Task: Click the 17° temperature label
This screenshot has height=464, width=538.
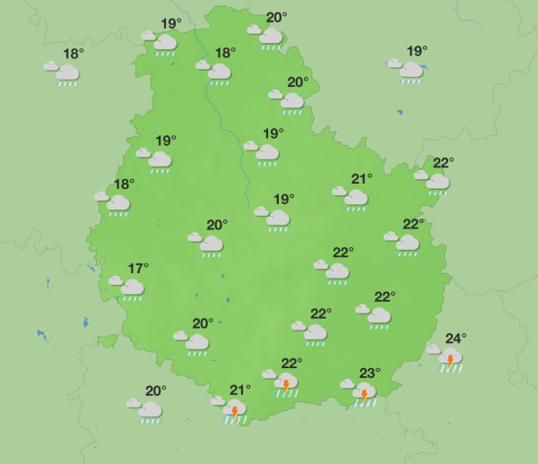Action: pyautogui.click(x=138, y=268)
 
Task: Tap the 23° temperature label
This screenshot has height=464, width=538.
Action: pyautogui.click(x=370, y=373)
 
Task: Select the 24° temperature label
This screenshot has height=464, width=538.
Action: pyautogui.click(x=456, y=339)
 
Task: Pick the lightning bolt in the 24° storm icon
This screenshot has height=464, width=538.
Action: pyautogui.click(x=450, y=360)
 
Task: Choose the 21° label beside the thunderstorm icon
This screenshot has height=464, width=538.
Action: pyautogui.click(x=239, y=390)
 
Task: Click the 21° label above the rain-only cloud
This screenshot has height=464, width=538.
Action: pyautogui.click(x=361, y=178)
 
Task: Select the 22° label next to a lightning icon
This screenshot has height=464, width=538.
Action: pyautogui.click(x=291, y=363)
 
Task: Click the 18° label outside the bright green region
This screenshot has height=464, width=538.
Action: pyautogui.click(x=74, y=54)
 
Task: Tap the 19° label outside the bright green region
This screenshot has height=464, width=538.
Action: pyautogui.click(x=417, y=51)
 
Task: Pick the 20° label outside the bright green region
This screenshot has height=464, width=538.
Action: pyautogui.click(x=156, y=391)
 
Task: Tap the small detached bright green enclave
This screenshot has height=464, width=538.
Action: pyautogui.click(x=108, y=340)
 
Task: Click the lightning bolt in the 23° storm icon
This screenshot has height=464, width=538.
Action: pyautogui.click(x=364, y=394)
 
